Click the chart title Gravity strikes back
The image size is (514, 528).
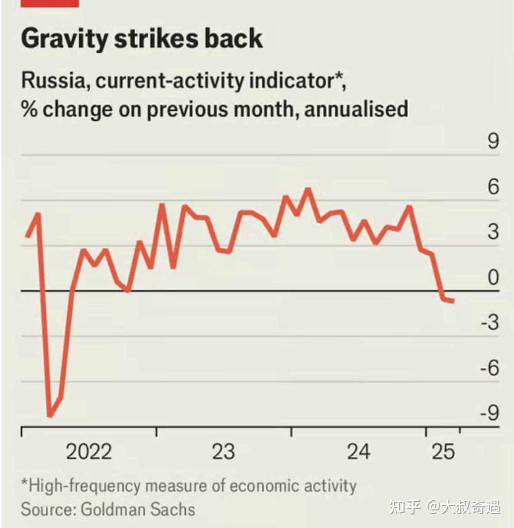(142, 39)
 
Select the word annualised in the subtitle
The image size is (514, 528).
(356, 109)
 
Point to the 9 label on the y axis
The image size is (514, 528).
(493, 141)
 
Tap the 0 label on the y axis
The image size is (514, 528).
(493, 278)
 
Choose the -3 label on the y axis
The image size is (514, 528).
(490, 323)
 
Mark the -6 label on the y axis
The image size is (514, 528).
(490, 369)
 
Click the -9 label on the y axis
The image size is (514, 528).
(490, 414)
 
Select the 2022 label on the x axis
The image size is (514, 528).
(89, 452)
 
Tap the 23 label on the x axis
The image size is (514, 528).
(223, 452)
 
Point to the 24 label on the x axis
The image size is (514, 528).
(359, 452)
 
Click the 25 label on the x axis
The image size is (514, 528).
(443, 452)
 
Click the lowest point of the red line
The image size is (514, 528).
(50, 415)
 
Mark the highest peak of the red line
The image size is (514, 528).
(308, 190)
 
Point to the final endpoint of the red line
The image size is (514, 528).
(454, 301)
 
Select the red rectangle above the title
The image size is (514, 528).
(50, 3)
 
